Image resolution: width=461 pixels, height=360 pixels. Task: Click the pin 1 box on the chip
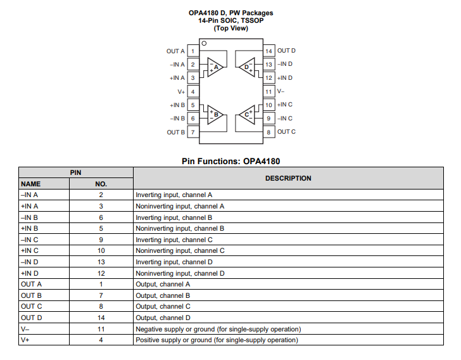pyautogui.click(x=193, y=51)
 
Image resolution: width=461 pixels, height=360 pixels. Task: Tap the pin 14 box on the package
pyautogui.click(x=268, y=51)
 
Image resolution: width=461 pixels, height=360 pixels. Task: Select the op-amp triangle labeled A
pyautogui.click(x=214, y=67)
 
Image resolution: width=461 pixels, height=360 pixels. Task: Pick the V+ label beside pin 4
pyautogui.click(x=180, y=91)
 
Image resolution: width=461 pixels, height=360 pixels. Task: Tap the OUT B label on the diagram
pyautogui.click(x=175, y=132)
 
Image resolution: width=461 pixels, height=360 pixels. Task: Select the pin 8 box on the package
pyautogui.click(x=268, y=132)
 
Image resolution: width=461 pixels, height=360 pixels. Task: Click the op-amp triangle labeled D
pyautogui.click(x=247, y=67)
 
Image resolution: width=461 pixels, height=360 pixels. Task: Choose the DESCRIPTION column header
pyautogui.click(x=288, y=178)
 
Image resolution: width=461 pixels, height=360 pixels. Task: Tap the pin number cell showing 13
pyautogui.click(x=101, y=262)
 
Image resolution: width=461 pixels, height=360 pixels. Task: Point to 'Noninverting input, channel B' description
pyautogui.click(x=180, y=228)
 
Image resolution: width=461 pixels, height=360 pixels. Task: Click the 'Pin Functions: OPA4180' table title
pyautogui.click(x=230, y=162)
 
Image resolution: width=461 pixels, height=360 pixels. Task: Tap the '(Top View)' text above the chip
pyautogui.click(x=230, y=28)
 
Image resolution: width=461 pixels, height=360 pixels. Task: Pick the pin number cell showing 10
pyautogui.click(x=101, y=250)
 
